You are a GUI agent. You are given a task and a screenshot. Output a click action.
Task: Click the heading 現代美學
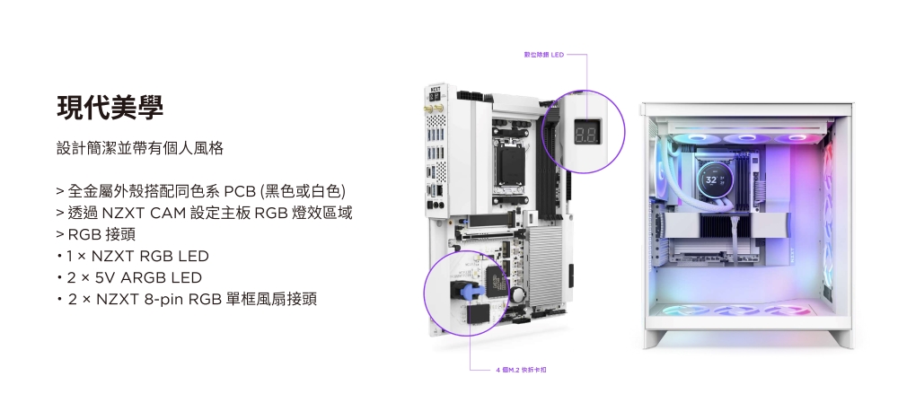point(110,108)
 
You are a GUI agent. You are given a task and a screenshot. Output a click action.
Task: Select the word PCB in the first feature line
point(240,192)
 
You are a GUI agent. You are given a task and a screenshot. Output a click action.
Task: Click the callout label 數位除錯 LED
point(543,55)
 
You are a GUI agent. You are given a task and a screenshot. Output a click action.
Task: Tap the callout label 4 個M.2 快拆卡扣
point(521,370)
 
